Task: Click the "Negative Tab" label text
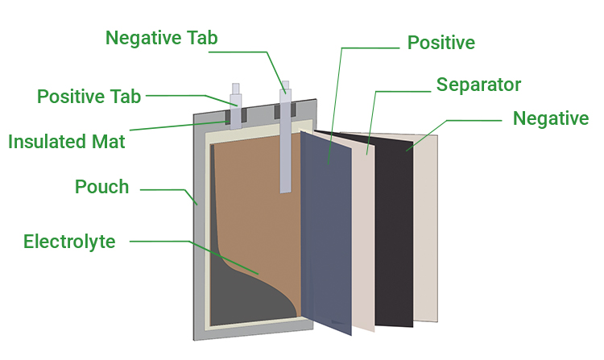pyautogui.click(x=161, y=38)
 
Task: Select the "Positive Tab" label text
pyautogui.click(x=89, y=97)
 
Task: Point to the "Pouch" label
pyautogui.click(x=101, y=187)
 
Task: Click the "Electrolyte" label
pyautogui.click(x=69, y=241)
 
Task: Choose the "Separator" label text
pyautogui.click(x=478, y=84)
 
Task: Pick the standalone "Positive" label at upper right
pyautogui.click(x=441, y=42)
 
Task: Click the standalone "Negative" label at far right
pyautogui.click(x=551, y=118)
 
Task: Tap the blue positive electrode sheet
pyautogui.click(x=326, y=234)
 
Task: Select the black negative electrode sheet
pyautogui.click(x=395, y=234)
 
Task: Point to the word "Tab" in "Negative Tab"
pyautogui.click(x=201, y=38)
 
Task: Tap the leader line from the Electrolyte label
pyautogui.click(x=161, y=241)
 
